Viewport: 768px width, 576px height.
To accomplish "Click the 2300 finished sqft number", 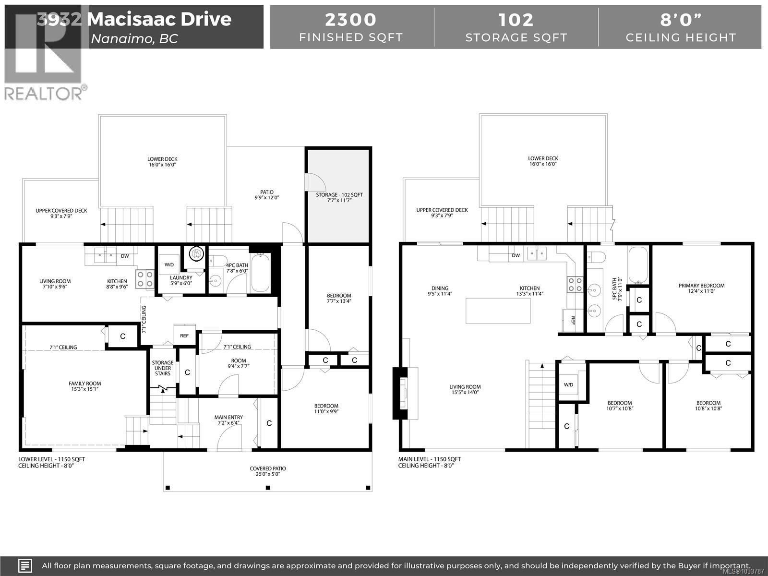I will coord(351,20).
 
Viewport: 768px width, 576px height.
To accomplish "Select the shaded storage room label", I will coord(339,197).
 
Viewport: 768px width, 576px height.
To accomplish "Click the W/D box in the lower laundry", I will coord(169,264).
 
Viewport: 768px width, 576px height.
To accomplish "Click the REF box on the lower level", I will coord(184,336).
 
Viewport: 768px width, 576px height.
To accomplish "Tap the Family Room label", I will coord(84,386).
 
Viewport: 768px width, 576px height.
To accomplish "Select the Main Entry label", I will coord(228,420).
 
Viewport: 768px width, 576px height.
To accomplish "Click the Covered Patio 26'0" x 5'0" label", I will coord(268,471).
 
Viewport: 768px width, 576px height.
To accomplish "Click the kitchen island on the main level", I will coord(498,311).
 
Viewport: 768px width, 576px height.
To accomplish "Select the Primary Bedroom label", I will coord(701,288).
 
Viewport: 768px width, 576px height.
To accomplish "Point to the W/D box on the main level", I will coord(569,384).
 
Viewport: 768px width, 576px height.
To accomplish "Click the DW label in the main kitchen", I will coord(516,255).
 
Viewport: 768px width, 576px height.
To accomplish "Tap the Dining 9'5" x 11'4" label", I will coord(440,291).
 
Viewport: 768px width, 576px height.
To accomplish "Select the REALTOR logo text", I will coord(43,93).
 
